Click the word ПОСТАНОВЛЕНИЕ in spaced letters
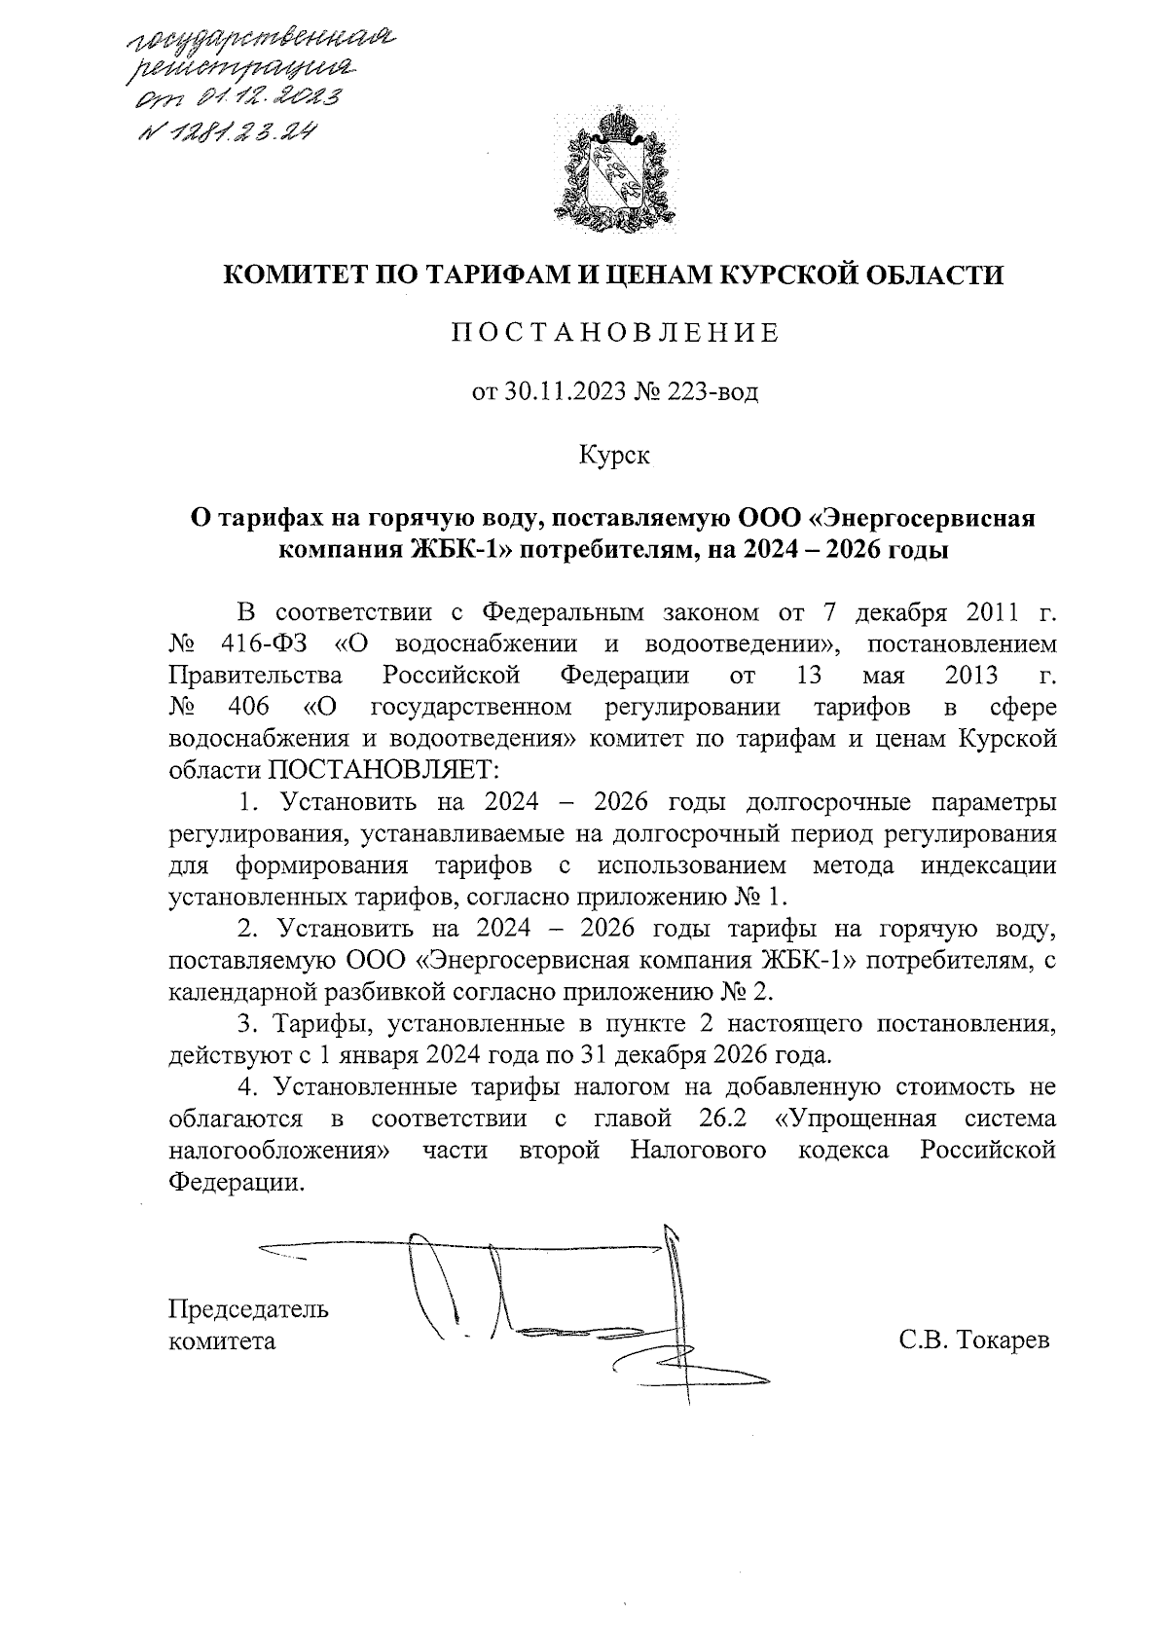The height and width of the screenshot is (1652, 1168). coord(614,334)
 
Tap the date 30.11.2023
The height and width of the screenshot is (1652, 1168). coord(566,393)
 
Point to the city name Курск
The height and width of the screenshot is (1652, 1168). coord(614,455)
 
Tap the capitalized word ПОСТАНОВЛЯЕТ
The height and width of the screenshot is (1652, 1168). coord(383,768)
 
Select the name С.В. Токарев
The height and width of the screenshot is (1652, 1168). coord(973,1340)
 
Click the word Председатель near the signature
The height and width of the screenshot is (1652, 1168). coord(248,1308)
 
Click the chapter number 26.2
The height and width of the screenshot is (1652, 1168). coord(722,1117)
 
